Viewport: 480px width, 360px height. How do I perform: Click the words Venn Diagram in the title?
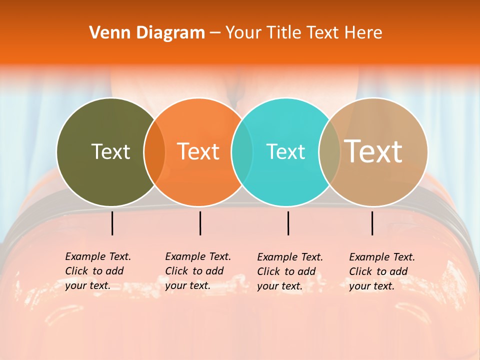point(147,33)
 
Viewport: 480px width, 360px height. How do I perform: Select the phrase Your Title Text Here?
point(303,33)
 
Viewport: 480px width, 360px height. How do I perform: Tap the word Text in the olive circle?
point(110,151)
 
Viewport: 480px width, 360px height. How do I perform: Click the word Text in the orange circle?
point(198,151)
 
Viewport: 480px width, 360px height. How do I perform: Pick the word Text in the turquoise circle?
point(285,151)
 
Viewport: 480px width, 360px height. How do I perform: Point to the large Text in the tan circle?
point(373,151)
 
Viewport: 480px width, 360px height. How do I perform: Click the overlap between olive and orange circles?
point(154,152)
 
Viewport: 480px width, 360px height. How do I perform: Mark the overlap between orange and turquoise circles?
point(242,152)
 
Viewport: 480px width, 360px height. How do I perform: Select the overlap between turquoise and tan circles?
point(329,152)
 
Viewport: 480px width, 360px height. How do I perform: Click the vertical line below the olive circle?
point(112,223)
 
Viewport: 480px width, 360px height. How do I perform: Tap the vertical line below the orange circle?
point(200,223)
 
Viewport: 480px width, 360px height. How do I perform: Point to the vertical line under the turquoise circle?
point(288,223)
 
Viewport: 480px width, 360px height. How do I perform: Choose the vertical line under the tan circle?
point(372,223)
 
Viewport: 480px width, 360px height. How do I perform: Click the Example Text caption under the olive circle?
point(98,271)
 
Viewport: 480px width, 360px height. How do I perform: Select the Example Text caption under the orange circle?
point(198,271)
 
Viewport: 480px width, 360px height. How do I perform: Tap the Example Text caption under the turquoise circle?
point(290,271)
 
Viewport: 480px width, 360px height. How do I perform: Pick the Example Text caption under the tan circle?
point(382,271)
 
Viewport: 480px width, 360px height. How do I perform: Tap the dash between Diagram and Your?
point(215,33)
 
